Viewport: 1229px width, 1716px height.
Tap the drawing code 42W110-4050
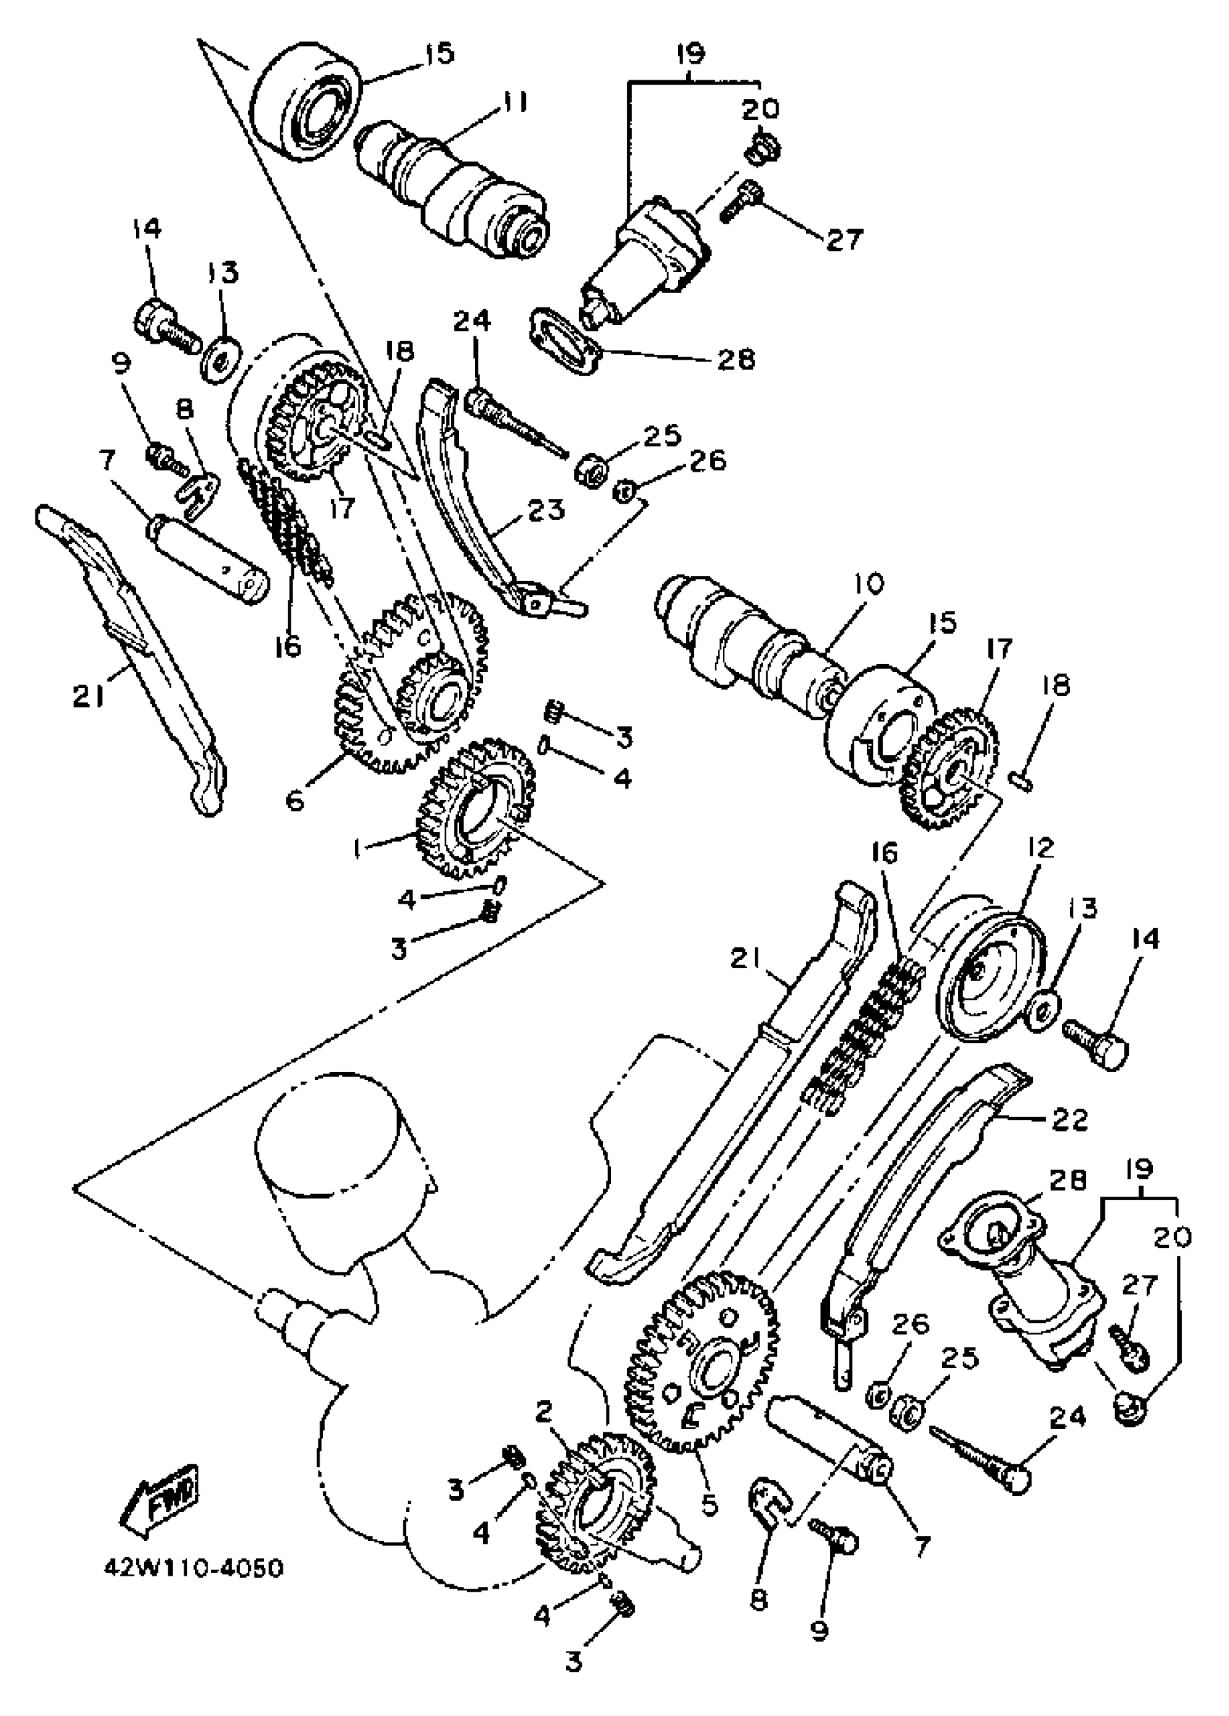(193, 1566)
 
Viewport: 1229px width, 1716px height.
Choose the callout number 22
(1069, 1119)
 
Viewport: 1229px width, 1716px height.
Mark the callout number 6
(295, 799)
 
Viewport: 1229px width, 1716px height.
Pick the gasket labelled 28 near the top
(563, 341)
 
